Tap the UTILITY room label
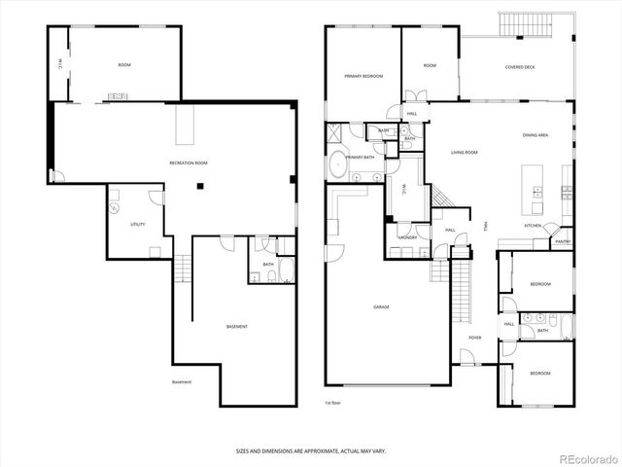138,225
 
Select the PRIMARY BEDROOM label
363,76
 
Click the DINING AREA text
536,135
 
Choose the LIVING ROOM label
464,153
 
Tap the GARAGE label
381,307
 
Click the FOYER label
475,338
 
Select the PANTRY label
562,241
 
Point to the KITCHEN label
533,226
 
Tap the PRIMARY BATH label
361,157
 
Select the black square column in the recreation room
199,187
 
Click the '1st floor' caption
333,401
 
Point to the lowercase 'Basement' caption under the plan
182,381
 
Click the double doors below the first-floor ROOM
415,95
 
